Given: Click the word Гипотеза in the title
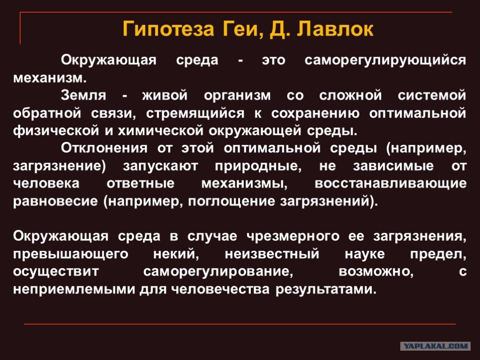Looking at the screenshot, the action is pyautogui.click(x=168, y=29).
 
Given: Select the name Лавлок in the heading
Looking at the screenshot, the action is pyautogui.click(x=335, y=29).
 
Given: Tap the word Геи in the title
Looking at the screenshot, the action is pyautogui.click(x=242, y=29).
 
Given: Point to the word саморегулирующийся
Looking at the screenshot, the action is pyautogui.click(x=385, y=60).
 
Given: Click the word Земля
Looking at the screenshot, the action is pyautogui.click(x=83, y=96).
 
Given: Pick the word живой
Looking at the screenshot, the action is pyautogui.click(x=165, y=96).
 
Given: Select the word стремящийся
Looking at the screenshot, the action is pyautogui.click(x=195, y=114).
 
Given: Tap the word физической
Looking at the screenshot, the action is pyautogui.click(x=56, y=131).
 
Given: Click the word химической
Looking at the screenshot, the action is pyautogui.click(x=161, y=131).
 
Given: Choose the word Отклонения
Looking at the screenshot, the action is pyautogui.click(x=104, y=149).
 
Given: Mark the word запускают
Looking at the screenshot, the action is pyautogui.click(x=160, y=166).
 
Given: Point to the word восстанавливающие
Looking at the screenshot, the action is pyautogui.click(x=390, y=184).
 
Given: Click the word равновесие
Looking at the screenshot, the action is pyautogui.click(x=55, y=202).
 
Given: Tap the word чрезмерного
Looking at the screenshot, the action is pyautogui.click(x=293, y=236).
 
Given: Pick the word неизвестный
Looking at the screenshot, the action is pyautogui.click(x=272, y=254).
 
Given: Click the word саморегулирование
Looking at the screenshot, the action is pyautogui.click(x=218, y=272).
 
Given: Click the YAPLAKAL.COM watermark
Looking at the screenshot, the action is pyautogui.click(x=435, y=346).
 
